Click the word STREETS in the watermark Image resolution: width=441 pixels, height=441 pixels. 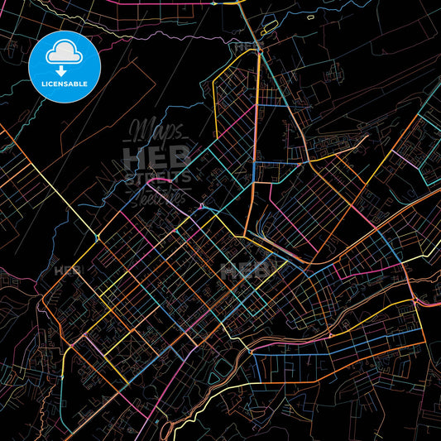tap(156, 176)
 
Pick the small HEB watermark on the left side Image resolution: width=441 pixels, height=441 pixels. tap(65, 271)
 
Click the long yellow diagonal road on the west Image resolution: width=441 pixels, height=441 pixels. tap(50, 182)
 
